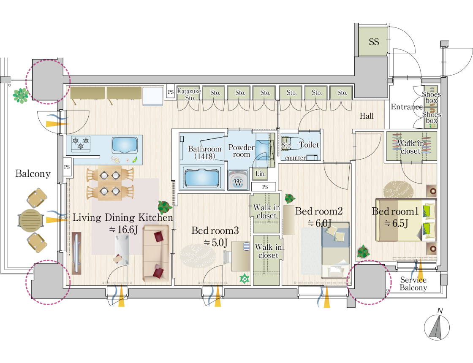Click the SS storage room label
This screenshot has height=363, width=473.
coord(374,42)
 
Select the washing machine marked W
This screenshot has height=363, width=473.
coord(238,180)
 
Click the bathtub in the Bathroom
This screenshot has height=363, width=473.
coord(202,178)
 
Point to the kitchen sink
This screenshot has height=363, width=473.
coord(125,145)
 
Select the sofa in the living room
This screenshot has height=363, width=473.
coord(155,254)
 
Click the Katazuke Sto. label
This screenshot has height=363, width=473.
coord(189,95)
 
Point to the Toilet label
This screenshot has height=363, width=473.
coord(309,145)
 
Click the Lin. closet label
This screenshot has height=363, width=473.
coord(261,173)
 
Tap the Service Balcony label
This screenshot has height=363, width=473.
coord(413,284)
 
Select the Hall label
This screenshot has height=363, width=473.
coord(367,116)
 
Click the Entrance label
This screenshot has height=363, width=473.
coord(406,107)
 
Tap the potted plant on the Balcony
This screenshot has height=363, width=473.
coord(21,95)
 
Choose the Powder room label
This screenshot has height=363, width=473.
coord(241,151)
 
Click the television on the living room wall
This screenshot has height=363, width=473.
coord(77,253)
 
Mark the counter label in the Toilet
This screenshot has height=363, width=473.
coord(295,158)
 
